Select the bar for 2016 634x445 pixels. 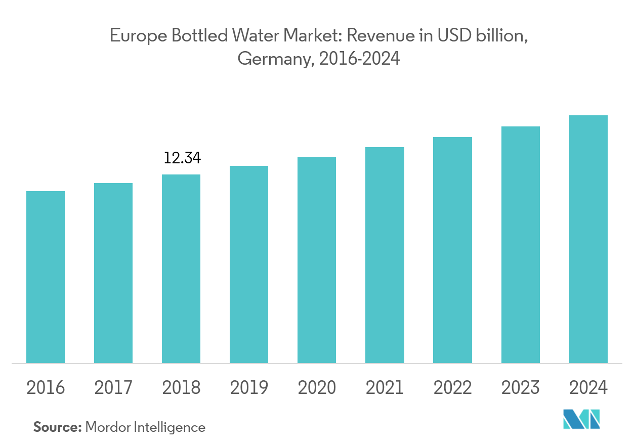46,277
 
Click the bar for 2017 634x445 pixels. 113,273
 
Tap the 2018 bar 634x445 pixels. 181,269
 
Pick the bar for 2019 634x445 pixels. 249,264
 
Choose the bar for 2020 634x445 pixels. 317,260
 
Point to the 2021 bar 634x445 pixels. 385,255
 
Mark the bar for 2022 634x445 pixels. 452,250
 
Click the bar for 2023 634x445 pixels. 520,245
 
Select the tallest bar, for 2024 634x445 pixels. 588,239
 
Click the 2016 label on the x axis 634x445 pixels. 46,388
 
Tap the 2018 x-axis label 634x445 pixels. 181,388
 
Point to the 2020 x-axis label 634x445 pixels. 317,388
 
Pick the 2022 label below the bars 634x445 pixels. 452,388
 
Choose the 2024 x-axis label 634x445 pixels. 588,388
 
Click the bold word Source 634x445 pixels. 57,427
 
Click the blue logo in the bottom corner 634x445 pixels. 581,419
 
